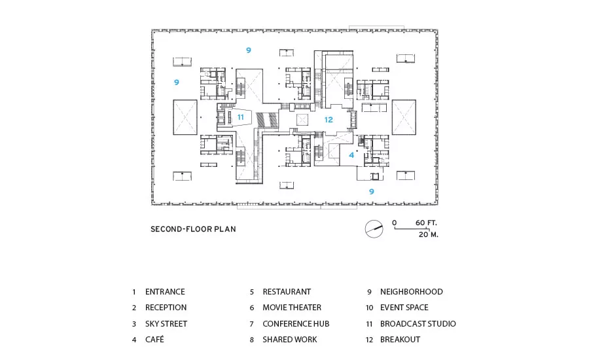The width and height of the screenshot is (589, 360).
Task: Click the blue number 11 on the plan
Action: tap(240, 117)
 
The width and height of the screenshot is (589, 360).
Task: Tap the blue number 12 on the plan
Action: tap(329, 120)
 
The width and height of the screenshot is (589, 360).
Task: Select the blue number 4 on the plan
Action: tap(351, 155)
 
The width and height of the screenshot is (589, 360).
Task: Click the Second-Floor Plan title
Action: tap(193, 229)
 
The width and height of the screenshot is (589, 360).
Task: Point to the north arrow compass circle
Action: tap(374, 229)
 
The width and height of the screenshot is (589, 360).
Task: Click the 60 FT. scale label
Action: tap(426, 223)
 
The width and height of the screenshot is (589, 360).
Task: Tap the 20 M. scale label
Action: tap(429, 234)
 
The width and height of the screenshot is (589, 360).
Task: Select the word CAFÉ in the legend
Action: tap(154, 340)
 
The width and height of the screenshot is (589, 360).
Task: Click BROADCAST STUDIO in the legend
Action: tap(418, 324)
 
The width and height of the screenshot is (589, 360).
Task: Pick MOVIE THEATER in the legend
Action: tap(292, 308)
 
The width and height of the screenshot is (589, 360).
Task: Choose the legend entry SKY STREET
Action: tap(166, 324)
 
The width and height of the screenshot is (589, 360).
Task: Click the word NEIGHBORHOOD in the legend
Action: tap(412, 292)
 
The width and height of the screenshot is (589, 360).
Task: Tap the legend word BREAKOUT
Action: tap(400, 340)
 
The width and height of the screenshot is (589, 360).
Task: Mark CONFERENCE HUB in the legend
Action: tap(296, 324)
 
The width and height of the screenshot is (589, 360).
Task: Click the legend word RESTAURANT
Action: tap(287, 292)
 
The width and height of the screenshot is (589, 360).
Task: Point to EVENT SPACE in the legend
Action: tap(404, 308)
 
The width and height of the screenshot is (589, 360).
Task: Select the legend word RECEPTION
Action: tap(166, 308)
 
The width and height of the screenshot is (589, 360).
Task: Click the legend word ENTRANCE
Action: tap(165, 292)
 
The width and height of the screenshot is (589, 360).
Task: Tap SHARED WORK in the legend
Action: tap(290, 340)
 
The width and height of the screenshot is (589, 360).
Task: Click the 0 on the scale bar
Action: tap(395, 223)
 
